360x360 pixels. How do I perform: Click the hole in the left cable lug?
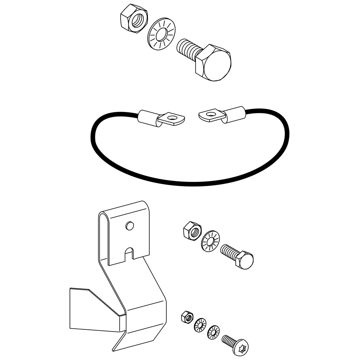173,117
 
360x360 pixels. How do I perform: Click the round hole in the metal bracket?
130,226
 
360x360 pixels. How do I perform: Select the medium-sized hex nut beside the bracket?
192,230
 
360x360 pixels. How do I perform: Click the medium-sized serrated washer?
210,241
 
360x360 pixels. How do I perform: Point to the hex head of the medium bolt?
245,259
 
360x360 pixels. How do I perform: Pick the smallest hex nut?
186,317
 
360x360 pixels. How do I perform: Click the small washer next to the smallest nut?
200,325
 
